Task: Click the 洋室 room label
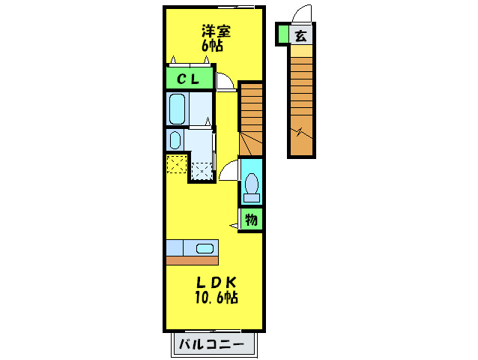pyautogui.click(x=215, y=31)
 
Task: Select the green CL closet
pyautogui.click(x=187, y=78)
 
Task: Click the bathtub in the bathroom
pyautogui.click(x=178, y=109)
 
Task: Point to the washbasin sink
pyautogui.click(x=175, y=140)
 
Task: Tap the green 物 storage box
pyautogui.click(x=252, y=220)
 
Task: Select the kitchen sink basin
pyautogui.click(x=205, y=247)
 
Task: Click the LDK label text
pyautogui.click(x=216, y=283)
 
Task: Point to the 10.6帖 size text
pyautogui.click(x=217, y=298)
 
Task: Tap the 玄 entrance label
pyautogui.click(x=300, y=34)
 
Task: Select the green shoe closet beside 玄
pyautogui.click(x=283, y=34)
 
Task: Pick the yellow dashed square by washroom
pyautogui.click(x=177, y=163)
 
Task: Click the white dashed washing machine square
pyautogui.click(x=202, y=172)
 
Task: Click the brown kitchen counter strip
pyautogui.click(x=192, y=260)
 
